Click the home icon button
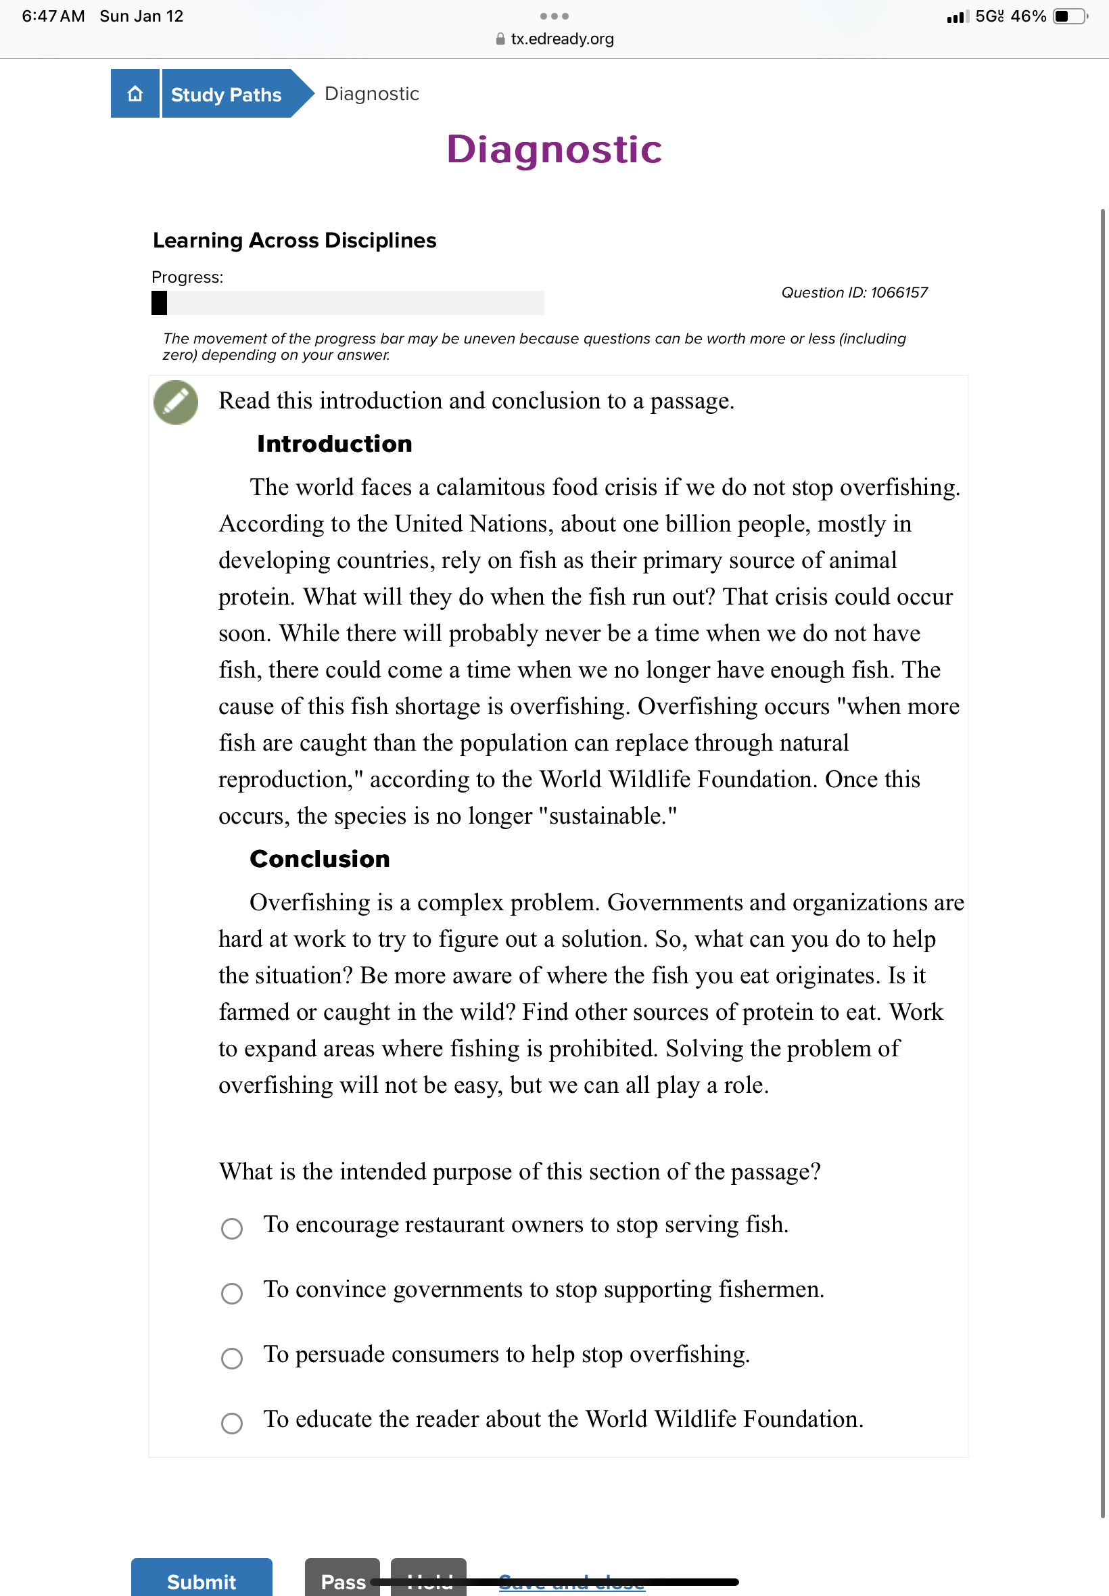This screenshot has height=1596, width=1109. tap(135, 93)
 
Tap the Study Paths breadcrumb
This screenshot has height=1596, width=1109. tap(227, 94)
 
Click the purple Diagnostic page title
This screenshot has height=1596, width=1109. tap(554, 149)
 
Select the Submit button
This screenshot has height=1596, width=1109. tap(202, 1579)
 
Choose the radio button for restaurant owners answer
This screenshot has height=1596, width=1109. tap(231, 1228)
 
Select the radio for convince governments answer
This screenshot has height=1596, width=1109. tap(231, 1293)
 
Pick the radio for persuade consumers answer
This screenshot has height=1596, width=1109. tap(231, 1358)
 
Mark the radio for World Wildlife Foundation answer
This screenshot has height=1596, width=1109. tap(231, 1422)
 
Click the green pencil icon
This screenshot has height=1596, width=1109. tap(176, 402)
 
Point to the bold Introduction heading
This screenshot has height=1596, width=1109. tap(334, 443)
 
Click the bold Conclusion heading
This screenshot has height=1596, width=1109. tap(320, 859)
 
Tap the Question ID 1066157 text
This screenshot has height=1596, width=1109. tap(854, 293)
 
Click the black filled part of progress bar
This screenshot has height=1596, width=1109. tap(159, 303)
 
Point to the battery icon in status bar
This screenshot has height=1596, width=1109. tap(1069, 16)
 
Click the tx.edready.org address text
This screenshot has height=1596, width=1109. tap(562, 39)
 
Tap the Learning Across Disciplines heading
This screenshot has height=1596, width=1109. tap(295, 240)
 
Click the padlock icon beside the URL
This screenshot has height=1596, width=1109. tap(500, 39)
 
